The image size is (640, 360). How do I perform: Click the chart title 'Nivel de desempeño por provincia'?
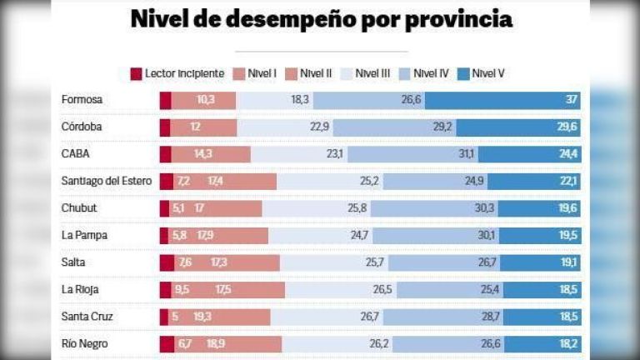point(321,20)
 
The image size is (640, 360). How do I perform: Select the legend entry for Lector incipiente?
point(177,73)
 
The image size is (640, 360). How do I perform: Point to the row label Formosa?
point(82,100)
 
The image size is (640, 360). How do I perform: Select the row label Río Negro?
point(85,343)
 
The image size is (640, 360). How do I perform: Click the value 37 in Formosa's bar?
point(570,100)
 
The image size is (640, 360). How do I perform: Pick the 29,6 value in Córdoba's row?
point(567,127)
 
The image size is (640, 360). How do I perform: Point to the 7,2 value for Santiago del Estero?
point(183,181)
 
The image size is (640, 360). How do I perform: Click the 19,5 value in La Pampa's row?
point(567,235)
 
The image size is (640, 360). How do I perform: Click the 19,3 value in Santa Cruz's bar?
point(202,317)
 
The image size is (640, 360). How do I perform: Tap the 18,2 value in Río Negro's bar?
point(567,343)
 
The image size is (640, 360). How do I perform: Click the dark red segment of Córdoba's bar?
point(165,127)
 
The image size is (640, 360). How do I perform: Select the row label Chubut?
point(79,208)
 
